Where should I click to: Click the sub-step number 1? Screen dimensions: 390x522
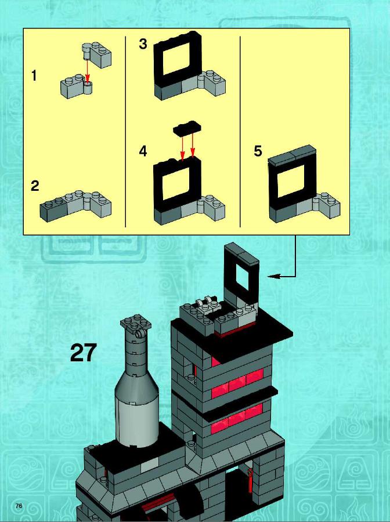coord(34,76)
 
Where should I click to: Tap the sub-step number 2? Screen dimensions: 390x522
coord(35,186)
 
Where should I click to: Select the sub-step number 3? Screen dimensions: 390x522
coord(143,44)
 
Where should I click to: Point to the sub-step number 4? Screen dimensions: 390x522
coord(143,151)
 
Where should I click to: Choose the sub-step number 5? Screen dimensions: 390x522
coord(258,151)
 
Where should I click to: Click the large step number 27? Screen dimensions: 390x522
coord(83,353)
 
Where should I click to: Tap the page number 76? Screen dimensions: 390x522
coord(19,506)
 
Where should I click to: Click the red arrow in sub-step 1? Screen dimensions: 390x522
coord(87,71)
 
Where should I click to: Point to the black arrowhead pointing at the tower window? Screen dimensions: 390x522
coord(273,276)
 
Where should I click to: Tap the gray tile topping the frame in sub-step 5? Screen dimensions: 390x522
coord(292,155)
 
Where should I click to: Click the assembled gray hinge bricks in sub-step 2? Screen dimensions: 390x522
coord(75,206)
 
